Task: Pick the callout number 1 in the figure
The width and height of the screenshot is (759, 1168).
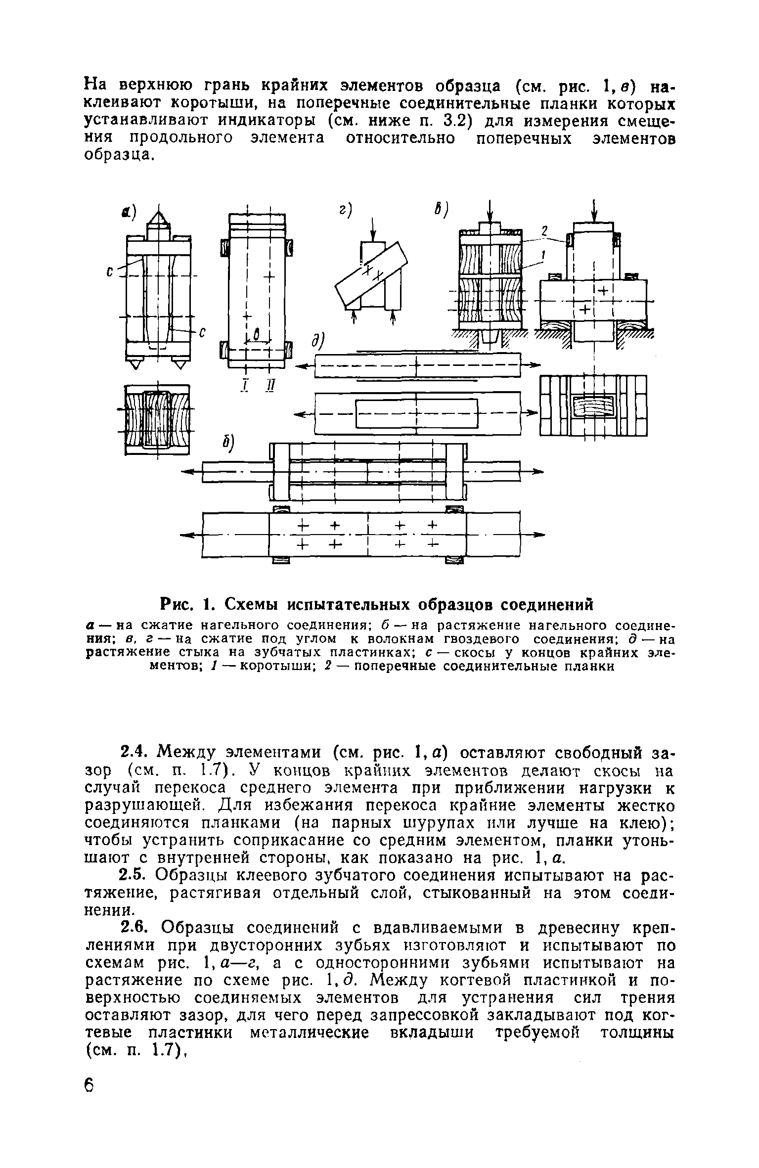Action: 543,255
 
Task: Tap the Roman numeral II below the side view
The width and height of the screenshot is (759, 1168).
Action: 269,384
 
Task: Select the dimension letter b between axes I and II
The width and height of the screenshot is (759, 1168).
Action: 256,335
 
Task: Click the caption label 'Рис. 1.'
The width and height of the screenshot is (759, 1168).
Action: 190,604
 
